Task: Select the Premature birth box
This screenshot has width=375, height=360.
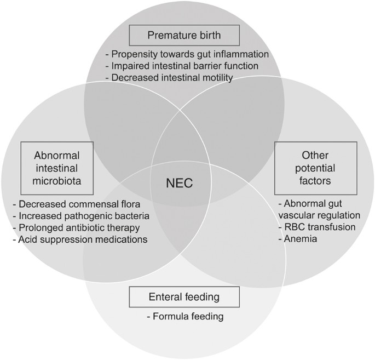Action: click(183, 36)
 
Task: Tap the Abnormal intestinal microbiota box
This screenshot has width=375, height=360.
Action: click(57, 168)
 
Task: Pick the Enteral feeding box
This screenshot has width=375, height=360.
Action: click(184, 297)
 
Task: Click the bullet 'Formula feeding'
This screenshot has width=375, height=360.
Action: click(186, 317)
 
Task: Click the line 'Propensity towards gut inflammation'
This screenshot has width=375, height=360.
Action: click(187, 54)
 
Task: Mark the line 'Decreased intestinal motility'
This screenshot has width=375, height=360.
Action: click(169, 78)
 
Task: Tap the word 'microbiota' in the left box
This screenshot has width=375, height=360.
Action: click(57, 181)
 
